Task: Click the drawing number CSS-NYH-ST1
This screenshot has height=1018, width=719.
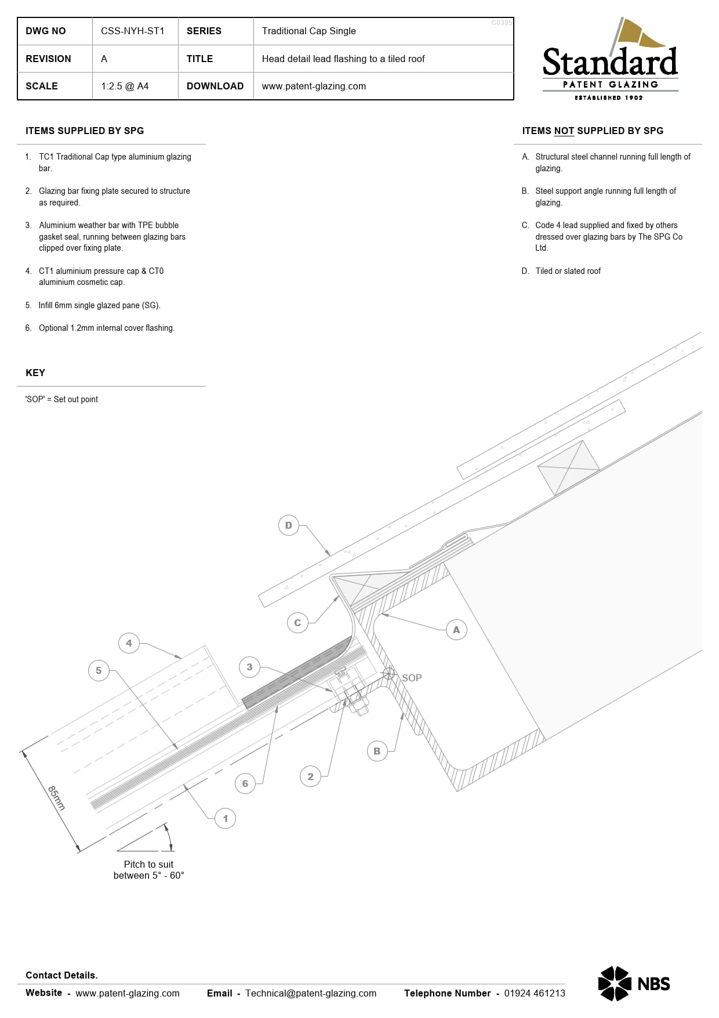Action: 133,31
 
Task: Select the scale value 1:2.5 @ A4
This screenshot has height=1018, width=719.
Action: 125,86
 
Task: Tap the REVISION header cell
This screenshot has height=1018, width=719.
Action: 49,59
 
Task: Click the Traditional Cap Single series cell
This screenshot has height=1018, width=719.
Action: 308,31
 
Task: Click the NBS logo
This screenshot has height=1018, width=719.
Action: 634,983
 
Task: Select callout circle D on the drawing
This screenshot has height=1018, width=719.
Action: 289,526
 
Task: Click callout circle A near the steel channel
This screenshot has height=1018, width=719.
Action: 456,630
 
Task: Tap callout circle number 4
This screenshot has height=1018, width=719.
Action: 129,643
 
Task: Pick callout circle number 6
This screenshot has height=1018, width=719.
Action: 245,784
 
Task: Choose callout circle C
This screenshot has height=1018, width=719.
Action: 297,623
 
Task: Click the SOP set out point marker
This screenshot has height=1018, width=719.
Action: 388,674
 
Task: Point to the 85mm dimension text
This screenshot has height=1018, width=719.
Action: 56,797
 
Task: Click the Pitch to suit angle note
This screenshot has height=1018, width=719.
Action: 148,869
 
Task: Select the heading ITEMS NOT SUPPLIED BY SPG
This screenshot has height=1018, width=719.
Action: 593,131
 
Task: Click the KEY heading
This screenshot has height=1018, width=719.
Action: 35,373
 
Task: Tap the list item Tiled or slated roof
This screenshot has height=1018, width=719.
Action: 568,271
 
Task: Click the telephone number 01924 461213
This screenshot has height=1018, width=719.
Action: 534,993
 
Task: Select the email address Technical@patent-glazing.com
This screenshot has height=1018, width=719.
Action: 311,993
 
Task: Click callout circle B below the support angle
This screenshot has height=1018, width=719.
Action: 377,751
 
